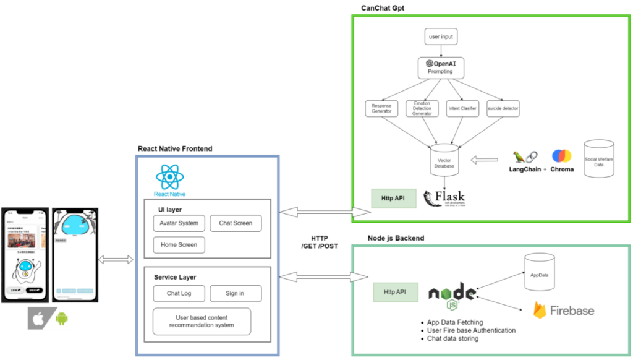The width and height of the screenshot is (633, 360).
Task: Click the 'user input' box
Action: (441, 37)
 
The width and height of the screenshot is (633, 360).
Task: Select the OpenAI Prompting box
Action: (441, 67)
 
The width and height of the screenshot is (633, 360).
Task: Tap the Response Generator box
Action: (381, 108)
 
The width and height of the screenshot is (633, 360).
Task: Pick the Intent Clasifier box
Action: (462, 108)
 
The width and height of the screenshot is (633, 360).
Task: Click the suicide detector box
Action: (502, 108)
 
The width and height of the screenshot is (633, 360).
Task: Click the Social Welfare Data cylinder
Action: (601, 160)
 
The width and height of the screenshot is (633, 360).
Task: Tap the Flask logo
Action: (444, 199)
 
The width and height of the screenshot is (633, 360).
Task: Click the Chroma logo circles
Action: (562, 156)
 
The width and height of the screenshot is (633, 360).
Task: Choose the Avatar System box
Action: (179, 223)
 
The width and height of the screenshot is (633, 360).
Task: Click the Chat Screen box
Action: (236, 223)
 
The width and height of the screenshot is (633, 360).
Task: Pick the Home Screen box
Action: (179, 245)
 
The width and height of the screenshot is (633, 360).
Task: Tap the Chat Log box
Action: (179, 293)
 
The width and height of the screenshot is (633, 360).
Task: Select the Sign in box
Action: (236, 293)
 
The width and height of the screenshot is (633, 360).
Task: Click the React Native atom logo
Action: (169, 178)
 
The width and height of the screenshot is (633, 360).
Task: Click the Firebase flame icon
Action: (540, 309)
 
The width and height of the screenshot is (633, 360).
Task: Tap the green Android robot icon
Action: (61, 319)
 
